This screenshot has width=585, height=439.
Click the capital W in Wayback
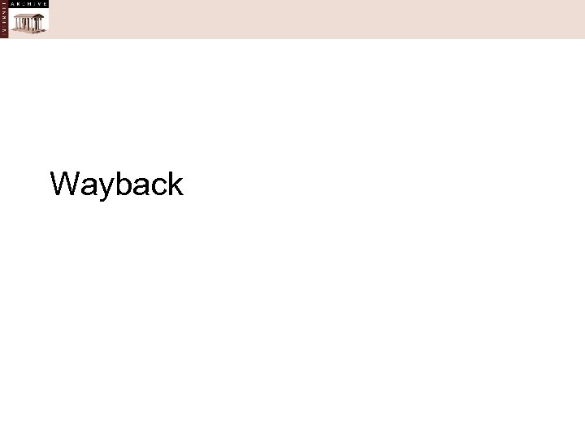point(65,184)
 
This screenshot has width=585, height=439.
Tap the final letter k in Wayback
point(173,184)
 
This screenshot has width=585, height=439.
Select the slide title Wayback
point(117,185)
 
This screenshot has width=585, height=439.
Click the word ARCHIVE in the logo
point(29,4)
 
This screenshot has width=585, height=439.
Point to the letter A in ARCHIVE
point(12,4)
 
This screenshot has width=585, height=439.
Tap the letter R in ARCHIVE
point(18,4)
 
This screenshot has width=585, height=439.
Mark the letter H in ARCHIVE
point(29,4)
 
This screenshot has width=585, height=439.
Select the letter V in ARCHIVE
point(40,4)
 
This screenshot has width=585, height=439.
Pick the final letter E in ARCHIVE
point(45,4)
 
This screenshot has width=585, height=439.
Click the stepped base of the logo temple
point(28,29)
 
